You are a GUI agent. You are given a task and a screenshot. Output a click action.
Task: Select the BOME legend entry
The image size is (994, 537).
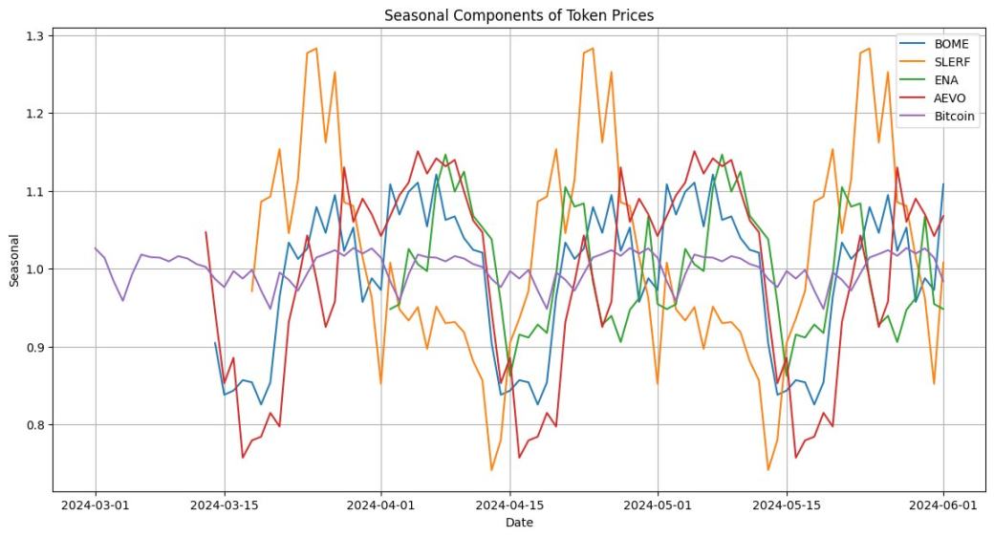click(x=951, y=44)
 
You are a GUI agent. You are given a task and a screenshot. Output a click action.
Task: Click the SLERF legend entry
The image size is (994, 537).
click(x=952, y=62)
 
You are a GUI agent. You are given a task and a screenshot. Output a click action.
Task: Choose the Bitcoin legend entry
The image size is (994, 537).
click(x=955, y=117)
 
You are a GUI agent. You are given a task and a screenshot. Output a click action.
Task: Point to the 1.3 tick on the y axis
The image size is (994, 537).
click(x=35, y=36)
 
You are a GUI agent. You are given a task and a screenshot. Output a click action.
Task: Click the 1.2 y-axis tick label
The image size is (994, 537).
click(x=35, y=114)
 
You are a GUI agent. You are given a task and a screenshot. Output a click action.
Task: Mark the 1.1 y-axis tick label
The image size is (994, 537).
click(x=35, y=192)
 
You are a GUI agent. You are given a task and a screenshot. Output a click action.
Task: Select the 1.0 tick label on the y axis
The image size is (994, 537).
click(x=35, y=269)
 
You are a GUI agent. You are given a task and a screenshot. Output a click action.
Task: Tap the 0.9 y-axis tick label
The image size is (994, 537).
click(x=35, y=347)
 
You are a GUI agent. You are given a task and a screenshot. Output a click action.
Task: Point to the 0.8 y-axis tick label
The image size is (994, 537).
click(x=35, y=425)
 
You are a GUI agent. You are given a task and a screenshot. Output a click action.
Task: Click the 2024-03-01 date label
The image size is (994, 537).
click(x=96, y=503)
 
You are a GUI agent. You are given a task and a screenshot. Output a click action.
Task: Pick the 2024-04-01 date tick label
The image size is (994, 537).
click(x=381, y=503)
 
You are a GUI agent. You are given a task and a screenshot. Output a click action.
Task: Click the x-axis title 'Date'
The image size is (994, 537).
click(x=519, y=523)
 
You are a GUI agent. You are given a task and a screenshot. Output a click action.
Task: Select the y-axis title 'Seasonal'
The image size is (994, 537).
click(x=13, y=261)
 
